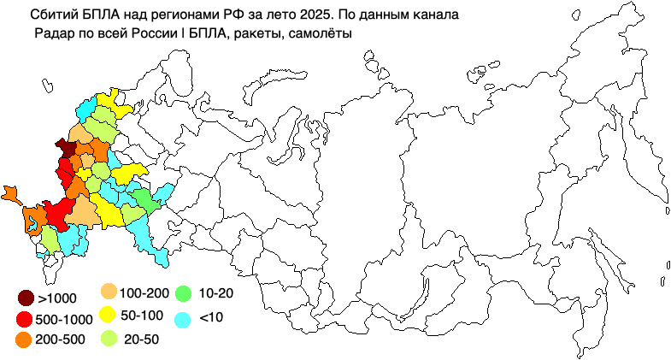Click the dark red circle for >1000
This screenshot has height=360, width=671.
[x=26, y=298]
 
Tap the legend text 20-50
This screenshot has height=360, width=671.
[x=142, y=339]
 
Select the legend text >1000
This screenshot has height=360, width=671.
[x=58, y=298]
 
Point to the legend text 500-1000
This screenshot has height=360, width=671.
[x=65, y=319]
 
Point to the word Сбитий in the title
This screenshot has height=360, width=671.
[x=52, y=15]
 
